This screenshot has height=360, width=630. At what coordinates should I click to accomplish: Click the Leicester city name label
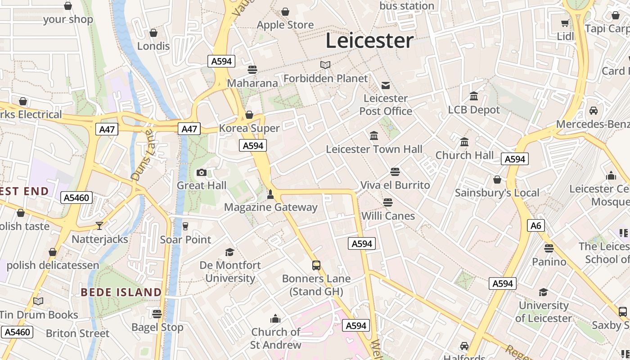[x=369, y=40]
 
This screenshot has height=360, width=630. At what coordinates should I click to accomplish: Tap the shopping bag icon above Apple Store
[x=285, y=12]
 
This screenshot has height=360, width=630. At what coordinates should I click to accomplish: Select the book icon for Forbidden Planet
[x=325, y=65]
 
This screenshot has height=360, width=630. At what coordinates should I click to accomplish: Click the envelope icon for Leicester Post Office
[x=386, y=85]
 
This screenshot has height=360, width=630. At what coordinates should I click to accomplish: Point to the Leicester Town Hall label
[x=374, y=149]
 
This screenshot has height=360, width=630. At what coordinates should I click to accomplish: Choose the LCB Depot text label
[x=474, y=110]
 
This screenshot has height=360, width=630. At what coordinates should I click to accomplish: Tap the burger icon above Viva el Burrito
[x=395, y=172]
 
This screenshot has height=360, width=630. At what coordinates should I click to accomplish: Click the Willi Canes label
[x=388, y=216]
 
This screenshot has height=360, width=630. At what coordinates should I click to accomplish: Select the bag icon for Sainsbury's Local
[x=497, y=180]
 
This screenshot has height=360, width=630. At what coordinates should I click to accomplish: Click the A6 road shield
[x=536, y=225]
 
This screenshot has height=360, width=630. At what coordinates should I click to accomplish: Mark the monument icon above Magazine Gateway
[x=270, y=194]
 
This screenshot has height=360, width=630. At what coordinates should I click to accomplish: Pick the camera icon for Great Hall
[x=202, y=172]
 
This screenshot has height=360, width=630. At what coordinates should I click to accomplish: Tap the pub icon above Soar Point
[x=185, y=226]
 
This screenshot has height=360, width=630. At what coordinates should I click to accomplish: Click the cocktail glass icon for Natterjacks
[x=99, y=225]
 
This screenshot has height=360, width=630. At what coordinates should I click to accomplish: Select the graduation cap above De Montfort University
[x=230, y=252]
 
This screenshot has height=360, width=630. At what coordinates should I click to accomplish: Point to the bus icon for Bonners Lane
[x=316, y=265]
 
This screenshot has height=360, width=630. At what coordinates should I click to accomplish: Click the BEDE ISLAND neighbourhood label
[x=121, y=292]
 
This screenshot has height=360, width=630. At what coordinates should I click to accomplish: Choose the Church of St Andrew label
[x=276, y=338]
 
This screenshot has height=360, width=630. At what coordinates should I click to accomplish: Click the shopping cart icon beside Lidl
[x=565, y=23]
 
